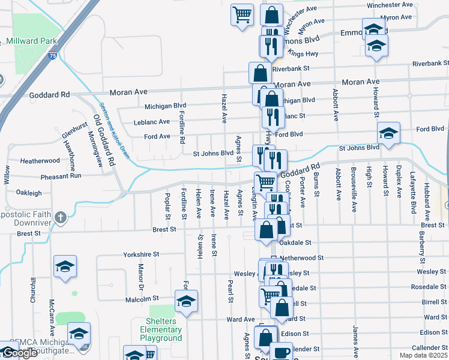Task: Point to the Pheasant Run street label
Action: click(61, 176)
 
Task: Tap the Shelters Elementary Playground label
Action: click(161, 329)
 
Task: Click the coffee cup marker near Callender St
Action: click(281, 352)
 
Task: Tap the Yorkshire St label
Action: click(141, 254)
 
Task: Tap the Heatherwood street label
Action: click(40, 161)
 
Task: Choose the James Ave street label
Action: click(355, 335)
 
